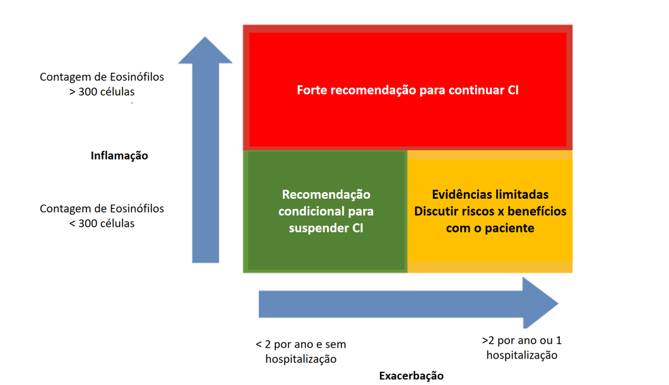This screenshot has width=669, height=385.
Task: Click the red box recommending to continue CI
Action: coord(408,120)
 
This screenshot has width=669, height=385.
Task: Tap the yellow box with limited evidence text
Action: coord(490,249)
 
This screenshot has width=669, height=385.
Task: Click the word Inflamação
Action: coord(119,155)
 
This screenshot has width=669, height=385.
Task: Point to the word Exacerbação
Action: coord(411,376)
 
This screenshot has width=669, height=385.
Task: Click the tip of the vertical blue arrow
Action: coord(205,39)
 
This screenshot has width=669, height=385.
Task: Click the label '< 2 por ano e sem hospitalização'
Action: coord(301,352)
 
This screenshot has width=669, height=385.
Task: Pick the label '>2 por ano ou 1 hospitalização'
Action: coord(521,348)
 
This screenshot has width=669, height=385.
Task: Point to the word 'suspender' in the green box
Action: coord(316,228)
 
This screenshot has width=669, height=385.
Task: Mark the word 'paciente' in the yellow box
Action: coord(510,228)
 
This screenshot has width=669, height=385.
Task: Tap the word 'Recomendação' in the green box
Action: coord(326,194)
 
